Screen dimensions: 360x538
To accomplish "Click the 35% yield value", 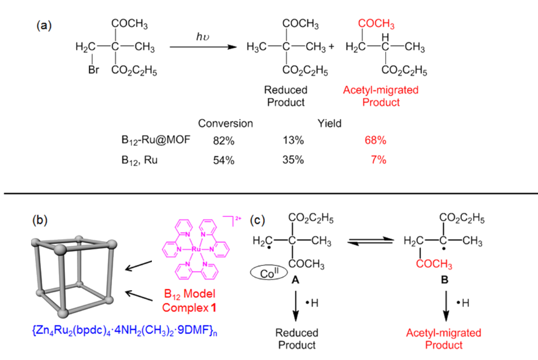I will [x=293, y=160].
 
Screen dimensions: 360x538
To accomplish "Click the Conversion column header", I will [x=225, y=124].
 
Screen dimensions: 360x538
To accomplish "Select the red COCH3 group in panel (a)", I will [x=376, y=24].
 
